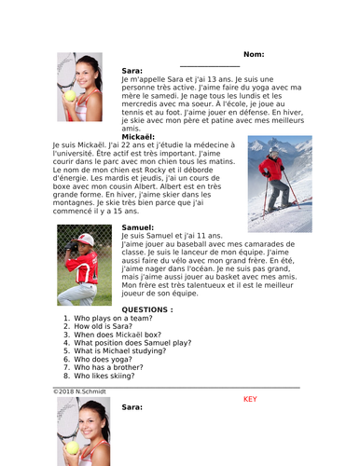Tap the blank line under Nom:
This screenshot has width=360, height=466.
(x=209, y=65)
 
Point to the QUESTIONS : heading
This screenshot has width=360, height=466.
(x=146, y=308)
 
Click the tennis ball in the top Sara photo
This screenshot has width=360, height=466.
(x=69, y=94)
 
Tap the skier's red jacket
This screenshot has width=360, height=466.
(x=272, y=168)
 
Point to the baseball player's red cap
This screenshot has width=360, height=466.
(x=85, y=240)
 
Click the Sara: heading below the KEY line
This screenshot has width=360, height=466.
(x=132, y=407)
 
